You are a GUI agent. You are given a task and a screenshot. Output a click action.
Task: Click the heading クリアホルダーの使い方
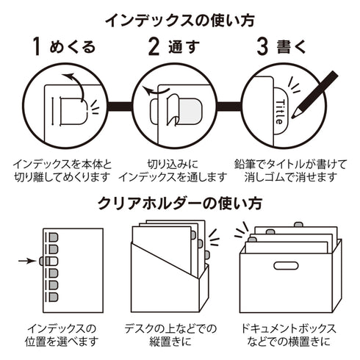pyautogui.click(x=180, y=203)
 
